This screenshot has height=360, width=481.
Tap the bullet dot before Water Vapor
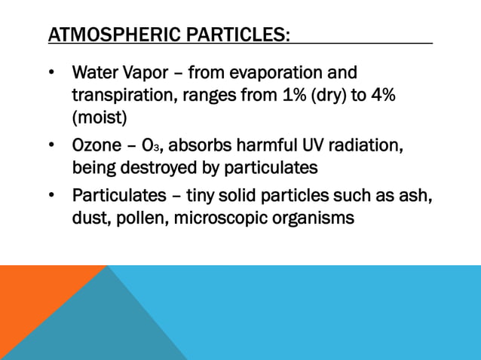(x=51, y=74)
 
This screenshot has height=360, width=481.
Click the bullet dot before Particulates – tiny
(x=51, y=196)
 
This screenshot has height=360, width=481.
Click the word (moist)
(x=100, y=118)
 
